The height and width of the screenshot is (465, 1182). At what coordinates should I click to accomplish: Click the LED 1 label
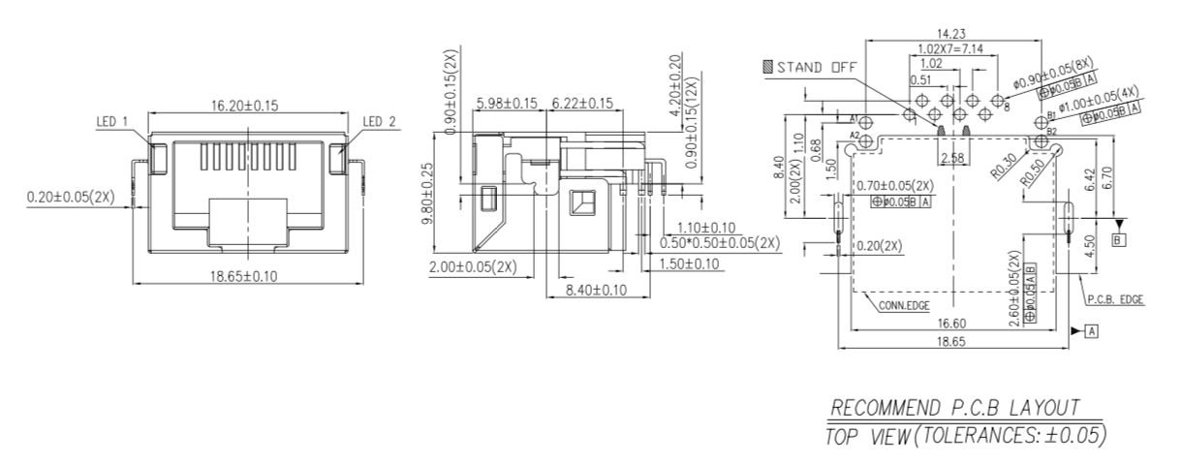pos(112,121)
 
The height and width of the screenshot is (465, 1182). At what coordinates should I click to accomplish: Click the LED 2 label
pos(377,121)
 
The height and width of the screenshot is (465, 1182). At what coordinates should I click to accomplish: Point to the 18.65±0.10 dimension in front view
pos(244,276)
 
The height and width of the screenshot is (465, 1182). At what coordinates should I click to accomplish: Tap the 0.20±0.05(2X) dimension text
pos(70,197)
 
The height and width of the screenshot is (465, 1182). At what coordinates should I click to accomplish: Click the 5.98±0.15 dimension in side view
pos(507,103)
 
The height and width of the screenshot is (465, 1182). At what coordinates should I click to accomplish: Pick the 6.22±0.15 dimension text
pos(581,103)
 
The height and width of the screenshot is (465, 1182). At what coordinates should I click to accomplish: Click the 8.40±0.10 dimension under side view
pos(595,290)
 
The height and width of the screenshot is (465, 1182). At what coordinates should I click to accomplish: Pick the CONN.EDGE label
pos(904,306)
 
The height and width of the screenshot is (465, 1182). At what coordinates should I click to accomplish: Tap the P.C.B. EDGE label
pos(1113,300)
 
